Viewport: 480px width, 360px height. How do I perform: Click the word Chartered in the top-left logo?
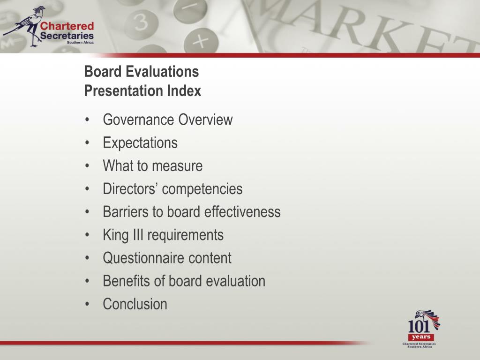67,26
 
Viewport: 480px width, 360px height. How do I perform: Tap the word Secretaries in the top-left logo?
67,36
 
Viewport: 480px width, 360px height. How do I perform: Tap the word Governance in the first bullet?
129,120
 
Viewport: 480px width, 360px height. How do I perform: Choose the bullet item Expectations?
140,143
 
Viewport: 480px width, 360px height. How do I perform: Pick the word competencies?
202,189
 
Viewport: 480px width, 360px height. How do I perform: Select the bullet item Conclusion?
135,304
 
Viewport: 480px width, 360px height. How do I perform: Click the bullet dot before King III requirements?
88,235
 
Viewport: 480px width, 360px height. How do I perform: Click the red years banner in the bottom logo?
420,337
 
